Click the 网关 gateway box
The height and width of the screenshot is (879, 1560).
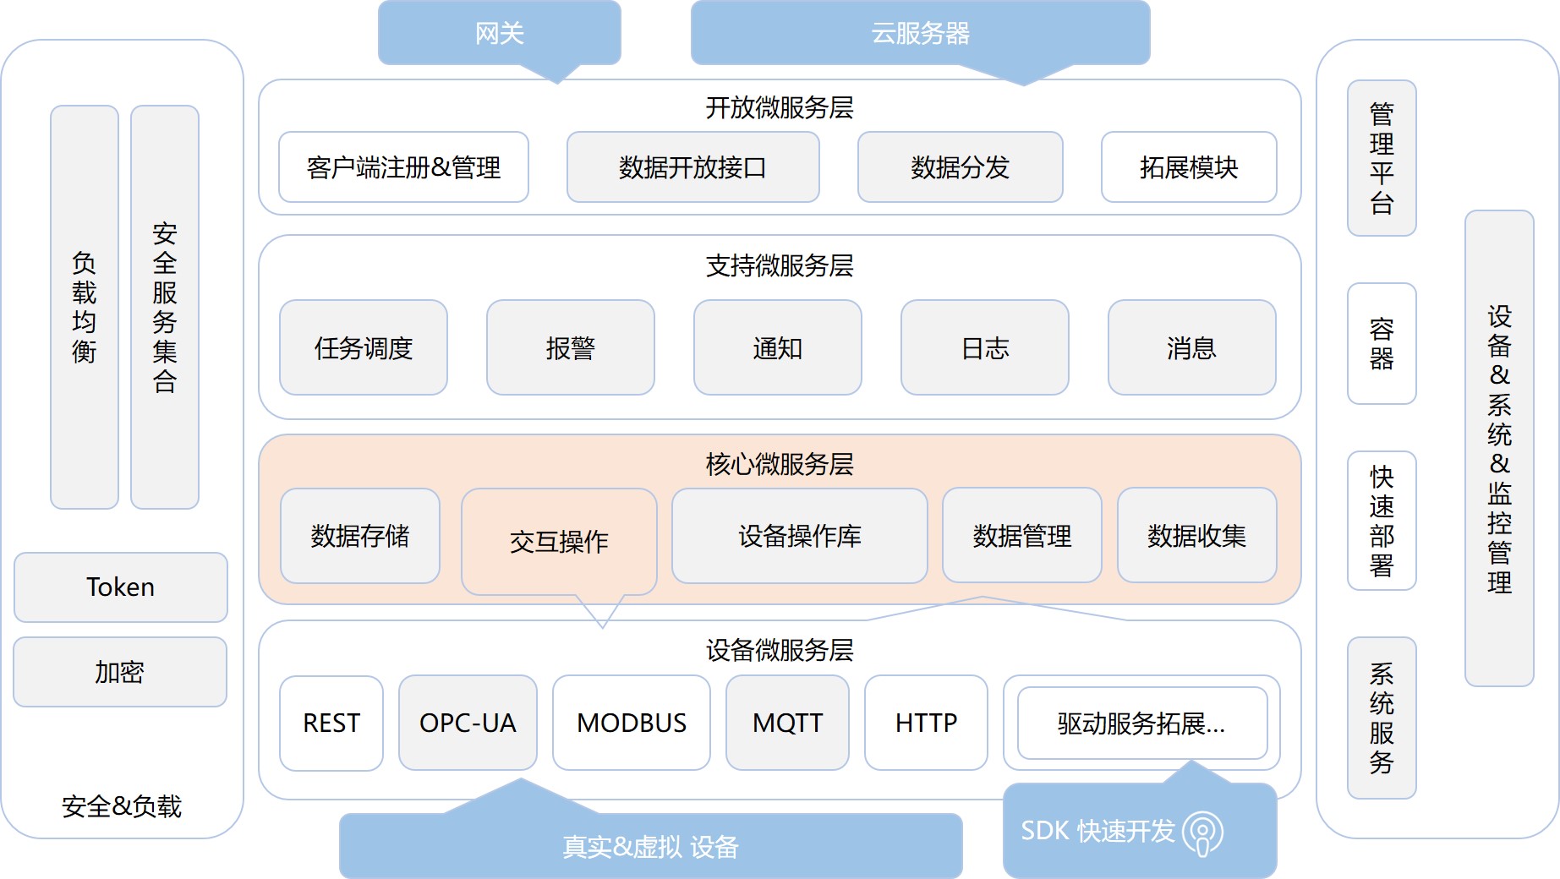499,33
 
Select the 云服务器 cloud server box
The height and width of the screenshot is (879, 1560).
920,33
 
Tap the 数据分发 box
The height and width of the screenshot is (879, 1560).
960,167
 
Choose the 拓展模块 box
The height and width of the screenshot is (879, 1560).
1189,167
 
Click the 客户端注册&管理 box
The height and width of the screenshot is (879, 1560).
403,167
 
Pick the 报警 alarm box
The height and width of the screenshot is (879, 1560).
570,347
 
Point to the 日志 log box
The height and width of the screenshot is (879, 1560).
984,347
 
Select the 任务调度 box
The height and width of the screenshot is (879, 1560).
363,347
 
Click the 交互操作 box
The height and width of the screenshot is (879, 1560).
559,541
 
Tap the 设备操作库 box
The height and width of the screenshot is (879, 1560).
799,536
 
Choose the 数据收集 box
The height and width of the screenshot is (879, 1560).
1196,536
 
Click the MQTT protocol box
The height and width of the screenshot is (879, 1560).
787,723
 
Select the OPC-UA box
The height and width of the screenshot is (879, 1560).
468,723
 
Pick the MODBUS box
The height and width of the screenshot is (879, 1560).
631,723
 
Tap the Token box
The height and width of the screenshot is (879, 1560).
120,587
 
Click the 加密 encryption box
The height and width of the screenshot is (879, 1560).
119,672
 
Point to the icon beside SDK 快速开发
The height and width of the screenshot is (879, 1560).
1202,833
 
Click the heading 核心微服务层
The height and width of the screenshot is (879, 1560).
779,464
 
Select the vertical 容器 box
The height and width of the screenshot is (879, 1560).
1381,343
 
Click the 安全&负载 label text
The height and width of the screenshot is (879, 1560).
121,806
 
